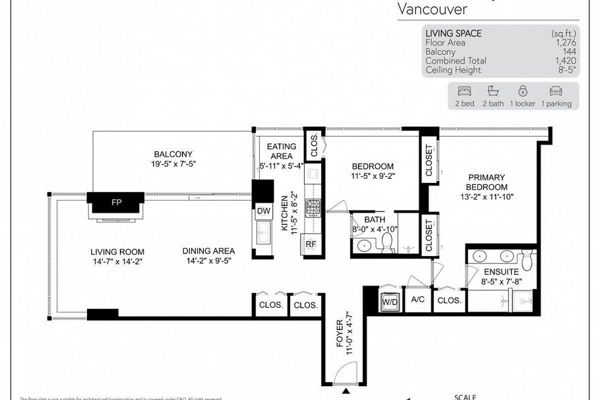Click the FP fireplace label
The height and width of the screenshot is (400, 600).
click(x=116, y=201)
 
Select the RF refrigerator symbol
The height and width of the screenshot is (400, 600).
click(x=311, y=244)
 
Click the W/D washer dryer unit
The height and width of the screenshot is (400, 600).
click(x=389, y=302)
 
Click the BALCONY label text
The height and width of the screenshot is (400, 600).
click(x=173, y=154)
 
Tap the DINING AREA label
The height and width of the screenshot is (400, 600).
click(x=208, y=251)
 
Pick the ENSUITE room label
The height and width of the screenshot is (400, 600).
click(x=501, y=272)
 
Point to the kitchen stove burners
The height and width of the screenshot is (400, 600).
click(x=312, y=208)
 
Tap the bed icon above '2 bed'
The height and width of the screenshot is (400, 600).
click(x=464, y=91)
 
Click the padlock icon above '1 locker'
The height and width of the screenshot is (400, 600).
click(x=522, y=91)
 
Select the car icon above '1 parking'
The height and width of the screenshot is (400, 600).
click(x=556, y=91)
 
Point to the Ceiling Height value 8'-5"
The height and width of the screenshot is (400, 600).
click(x=566, y=70)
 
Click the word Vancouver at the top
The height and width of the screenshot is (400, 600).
click(x=433, y=9)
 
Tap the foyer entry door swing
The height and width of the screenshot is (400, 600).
click(x=345, y=376)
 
